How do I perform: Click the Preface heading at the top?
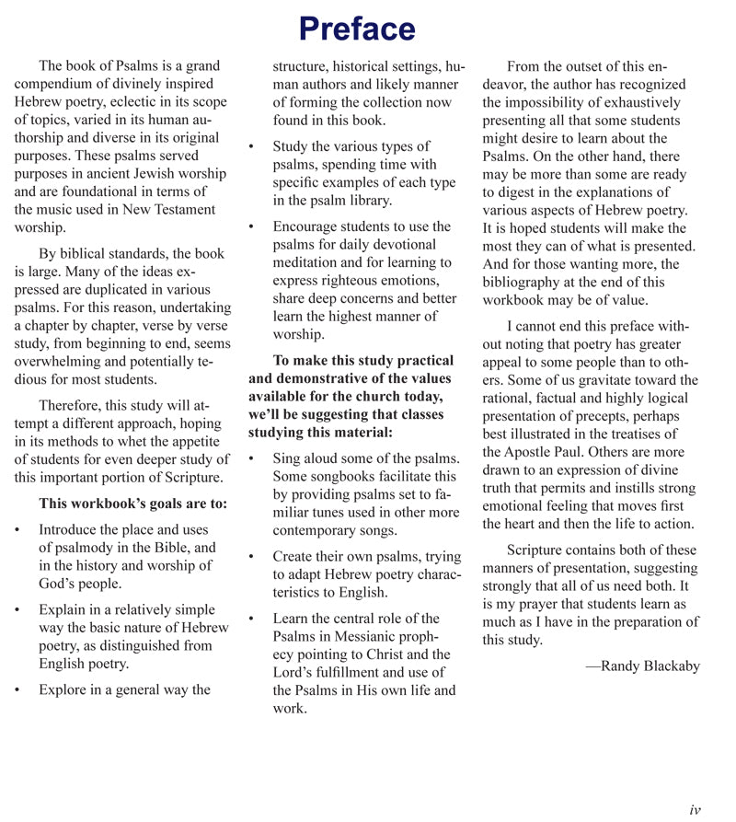click(x=357, y=29)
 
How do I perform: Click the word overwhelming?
click(x=59, y=361)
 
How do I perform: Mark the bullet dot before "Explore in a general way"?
click(x=18, y=690)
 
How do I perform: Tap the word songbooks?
click(x=346, y=476)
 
